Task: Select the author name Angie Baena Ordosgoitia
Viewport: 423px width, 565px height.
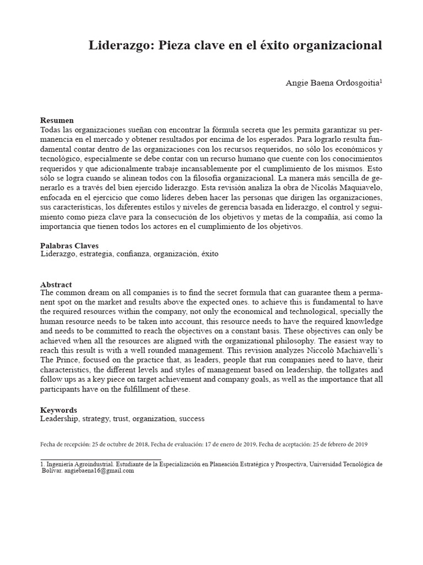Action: click(332, 83)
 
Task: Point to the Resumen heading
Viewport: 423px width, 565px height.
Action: click(57, 120)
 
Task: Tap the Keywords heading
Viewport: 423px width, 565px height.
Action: click(59, 410)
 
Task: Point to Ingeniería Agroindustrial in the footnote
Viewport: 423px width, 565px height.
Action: click(74, 464)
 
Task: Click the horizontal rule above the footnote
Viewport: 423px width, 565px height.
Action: click(101, 459)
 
